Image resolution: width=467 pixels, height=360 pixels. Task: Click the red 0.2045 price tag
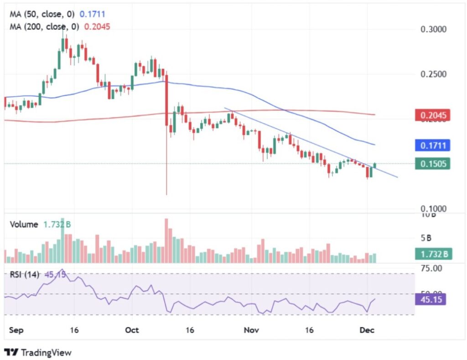(x=432, y=115)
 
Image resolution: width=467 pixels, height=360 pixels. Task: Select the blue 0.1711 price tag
(x=432, y=146)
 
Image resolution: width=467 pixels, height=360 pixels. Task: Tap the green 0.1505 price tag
(x=432, y=163)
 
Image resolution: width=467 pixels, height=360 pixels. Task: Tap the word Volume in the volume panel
(x=24, y=224)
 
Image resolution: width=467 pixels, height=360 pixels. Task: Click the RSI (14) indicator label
(x=25, y=274)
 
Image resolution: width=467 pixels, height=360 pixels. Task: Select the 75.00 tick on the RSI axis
(x=431, y=268)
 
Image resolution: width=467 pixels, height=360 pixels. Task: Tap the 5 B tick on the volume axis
(x=426, y=238)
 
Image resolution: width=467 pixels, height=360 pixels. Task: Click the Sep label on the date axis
(x=16, y=330)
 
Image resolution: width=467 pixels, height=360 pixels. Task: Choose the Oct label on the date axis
(x=132, y=330)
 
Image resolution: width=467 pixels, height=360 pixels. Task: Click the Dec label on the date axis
(x=367, y=330)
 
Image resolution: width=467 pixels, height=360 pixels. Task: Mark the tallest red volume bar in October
(x=166, y=241)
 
